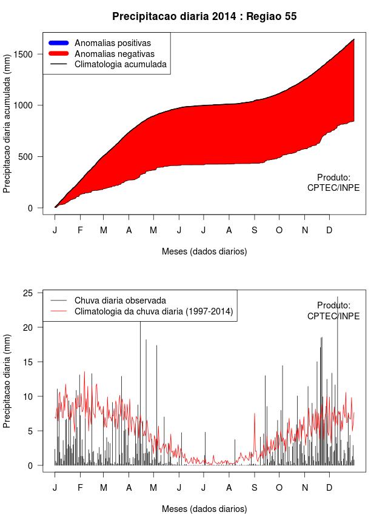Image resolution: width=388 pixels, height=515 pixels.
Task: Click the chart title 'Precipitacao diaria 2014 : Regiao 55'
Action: pos(204,16)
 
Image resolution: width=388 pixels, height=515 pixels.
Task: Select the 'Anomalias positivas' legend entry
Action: pos(112,43)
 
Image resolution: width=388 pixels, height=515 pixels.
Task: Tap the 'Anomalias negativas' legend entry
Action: pos(114,53)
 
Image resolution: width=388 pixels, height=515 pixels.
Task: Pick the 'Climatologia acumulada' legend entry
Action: pos(120,64)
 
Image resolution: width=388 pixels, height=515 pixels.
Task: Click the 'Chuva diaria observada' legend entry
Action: pos(120,301)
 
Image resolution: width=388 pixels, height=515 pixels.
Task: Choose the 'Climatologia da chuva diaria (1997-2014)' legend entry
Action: pos(154,311)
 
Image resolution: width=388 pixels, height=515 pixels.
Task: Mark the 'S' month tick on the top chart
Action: pos(254,230)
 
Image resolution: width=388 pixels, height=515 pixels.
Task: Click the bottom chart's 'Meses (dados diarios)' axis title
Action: pos(204,509)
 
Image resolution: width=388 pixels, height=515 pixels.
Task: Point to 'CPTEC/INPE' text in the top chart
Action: pos(333,188)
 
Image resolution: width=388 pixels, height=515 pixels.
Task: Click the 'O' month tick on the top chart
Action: pos(279,230)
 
